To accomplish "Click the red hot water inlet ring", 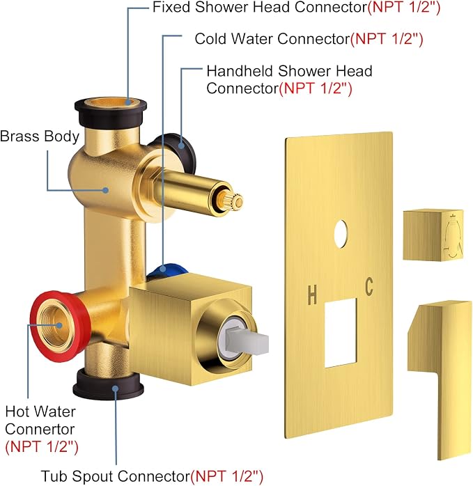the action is click(x=37, y=311).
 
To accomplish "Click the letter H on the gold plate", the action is click(x=312, y=295).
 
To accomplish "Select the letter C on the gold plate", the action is click(x=369, y=286).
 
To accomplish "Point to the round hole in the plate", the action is click(x=341, y=234).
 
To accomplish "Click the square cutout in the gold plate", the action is click(x=340, y=333).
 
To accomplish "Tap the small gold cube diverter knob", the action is click(x=433, y=235).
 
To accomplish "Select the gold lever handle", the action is click(x=440, y=379).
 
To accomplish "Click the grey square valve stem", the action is click(x=247, y=341).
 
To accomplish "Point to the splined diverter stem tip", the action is click(x=234, y=201).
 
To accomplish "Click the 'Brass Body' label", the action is click(x=40, y=136).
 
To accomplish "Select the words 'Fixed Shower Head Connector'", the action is click(x=260, y=8).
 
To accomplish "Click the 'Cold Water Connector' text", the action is click(x=272, y=39).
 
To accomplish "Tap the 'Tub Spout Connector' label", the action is click(x=116, y=476).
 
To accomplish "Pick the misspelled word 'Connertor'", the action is click(x=40, y=430).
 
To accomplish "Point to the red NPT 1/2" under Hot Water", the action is click(x=42, y=447).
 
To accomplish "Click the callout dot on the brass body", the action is click(x=106, y=189).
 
